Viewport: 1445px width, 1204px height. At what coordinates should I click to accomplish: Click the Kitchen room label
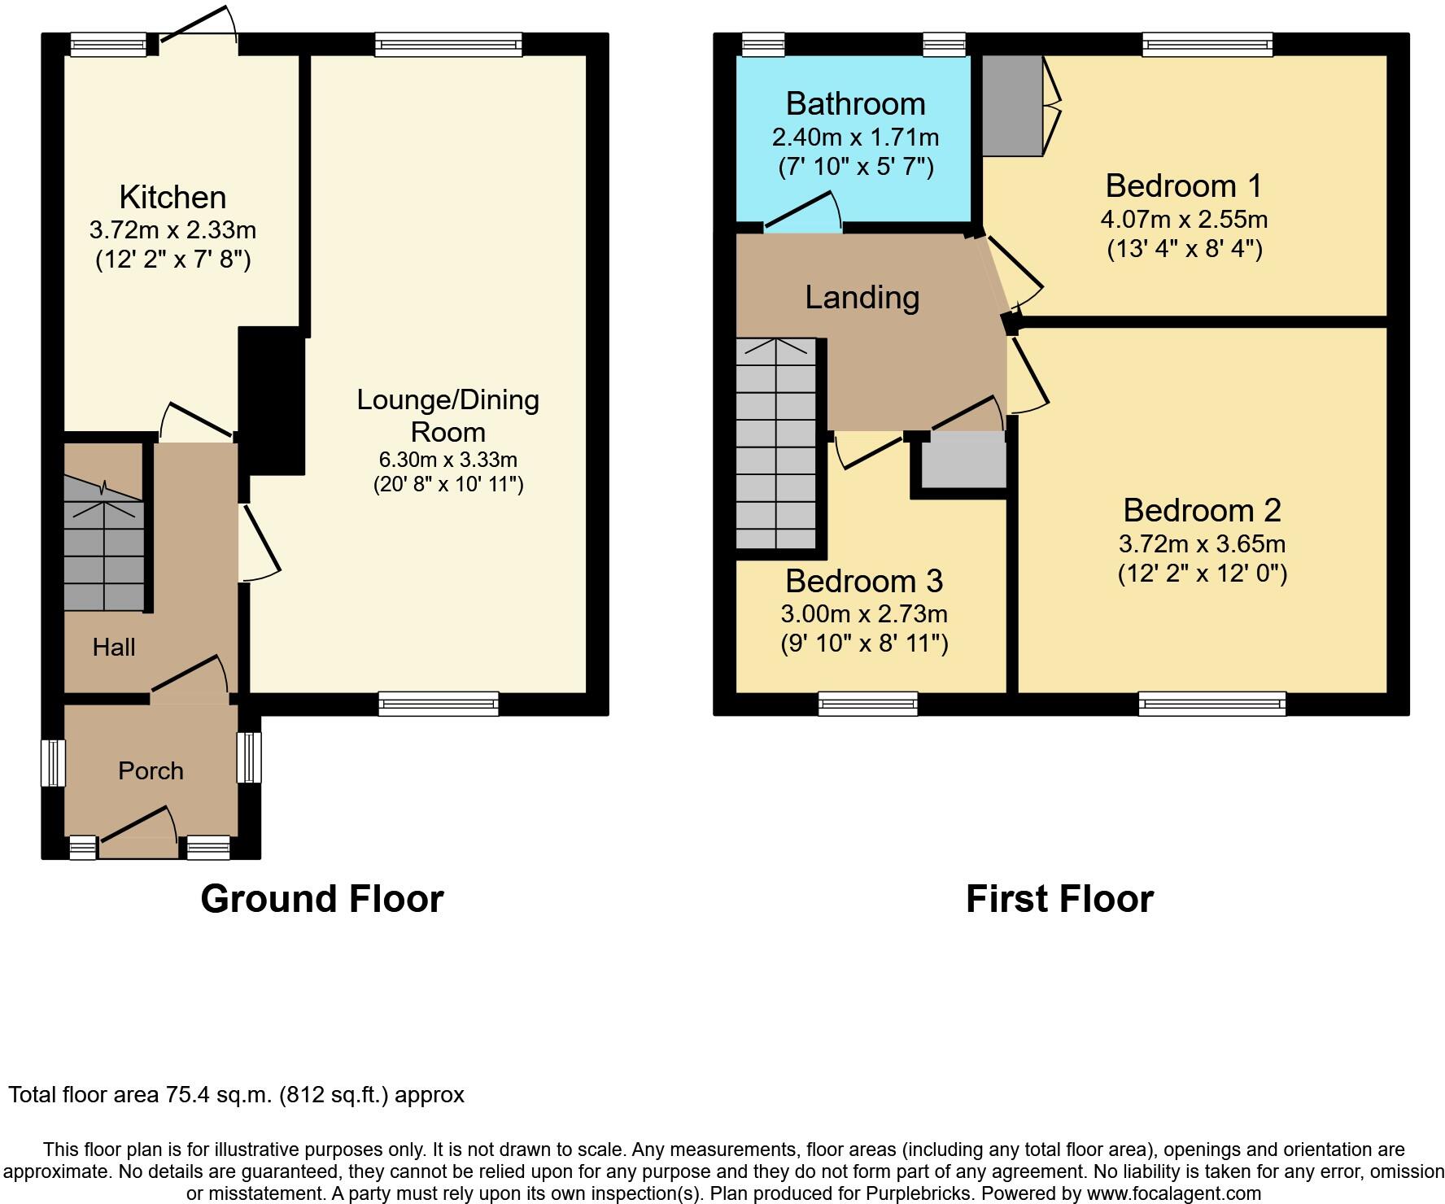[172, 198]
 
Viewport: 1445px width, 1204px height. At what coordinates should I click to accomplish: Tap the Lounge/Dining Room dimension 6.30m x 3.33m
[448, 460]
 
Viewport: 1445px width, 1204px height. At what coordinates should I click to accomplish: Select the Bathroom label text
[856, 104]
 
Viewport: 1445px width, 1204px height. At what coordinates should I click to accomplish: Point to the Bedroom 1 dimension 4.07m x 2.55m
[1184, 220]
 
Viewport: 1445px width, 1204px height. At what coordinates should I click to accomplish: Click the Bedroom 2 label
[1203, 511]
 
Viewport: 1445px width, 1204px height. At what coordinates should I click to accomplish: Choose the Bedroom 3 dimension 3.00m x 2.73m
[864, 614]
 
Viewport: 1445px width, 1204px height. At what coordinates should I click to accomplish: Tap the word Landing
[862, 298]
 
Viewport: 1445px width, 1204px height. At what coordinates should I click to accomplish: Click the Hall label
[114, 648]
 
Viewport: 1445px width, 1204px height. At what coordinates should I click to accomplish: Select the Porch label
[151, 771]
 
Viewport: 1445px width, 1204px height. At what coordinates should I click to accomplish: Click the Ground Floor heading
[322, 899]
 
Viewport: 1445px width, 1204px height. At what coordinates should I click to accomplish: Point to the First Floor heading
[1059, 899]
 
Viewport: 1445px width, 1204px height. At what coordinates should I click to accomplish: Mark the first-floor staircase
[776, 444]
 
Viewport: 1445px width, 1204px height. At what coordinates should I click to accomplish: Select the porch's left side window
[53, 763]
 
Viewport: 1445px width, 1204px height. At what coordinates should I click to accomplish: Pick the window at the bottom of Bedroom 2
[1212, 704]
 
